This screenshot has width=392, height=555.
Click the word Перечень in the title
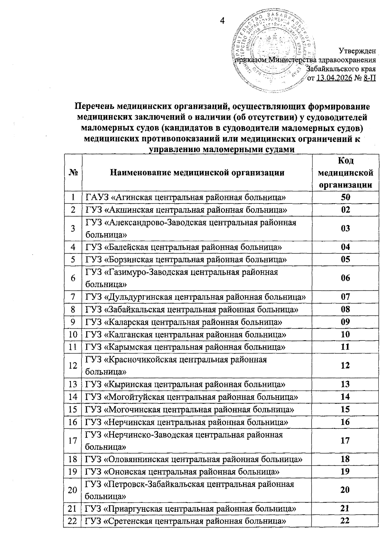click(94, 107)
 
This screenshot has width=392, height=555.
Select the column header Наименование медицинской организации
click(197, 172)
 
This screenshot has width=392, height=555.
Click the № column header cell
click(73, 172)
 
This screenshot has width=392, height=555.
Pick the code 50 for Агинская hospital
click(345, 197)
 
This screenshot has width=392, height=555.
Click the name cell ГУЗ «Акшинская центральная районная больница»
click(186, 210)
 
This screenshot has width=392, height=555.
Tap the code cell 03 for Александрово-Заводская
click(345, 228)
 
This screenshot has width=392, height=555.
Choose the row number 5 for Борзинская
click(73, 259)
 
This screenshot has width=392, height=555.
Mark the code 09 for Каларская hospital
click(345, 322)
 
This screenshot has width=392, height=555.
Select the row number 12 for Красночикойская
click(73, 365)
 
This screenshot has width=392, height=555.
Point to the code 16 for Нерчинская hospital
click(345, 422)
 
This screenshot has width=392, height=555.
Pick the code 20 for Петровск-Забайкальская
click(345, 490)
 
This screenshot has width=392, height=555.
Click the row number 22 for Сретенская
click(73, 521)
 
